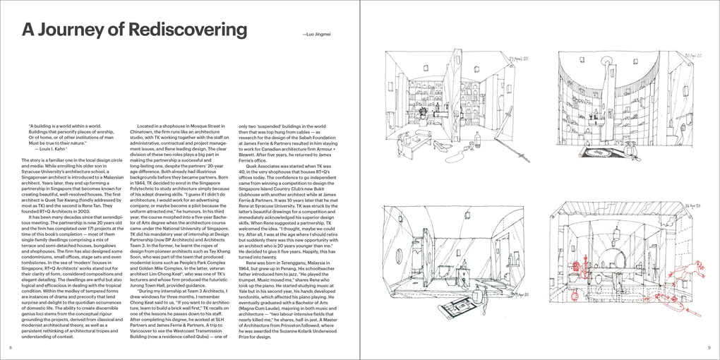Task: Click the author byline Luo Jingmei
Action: click(316, 33)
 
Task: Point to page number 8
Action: click(11, 348)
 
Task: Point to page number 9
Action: click(709, 348)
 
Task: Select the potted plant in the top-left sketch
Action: click(423, 112)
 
